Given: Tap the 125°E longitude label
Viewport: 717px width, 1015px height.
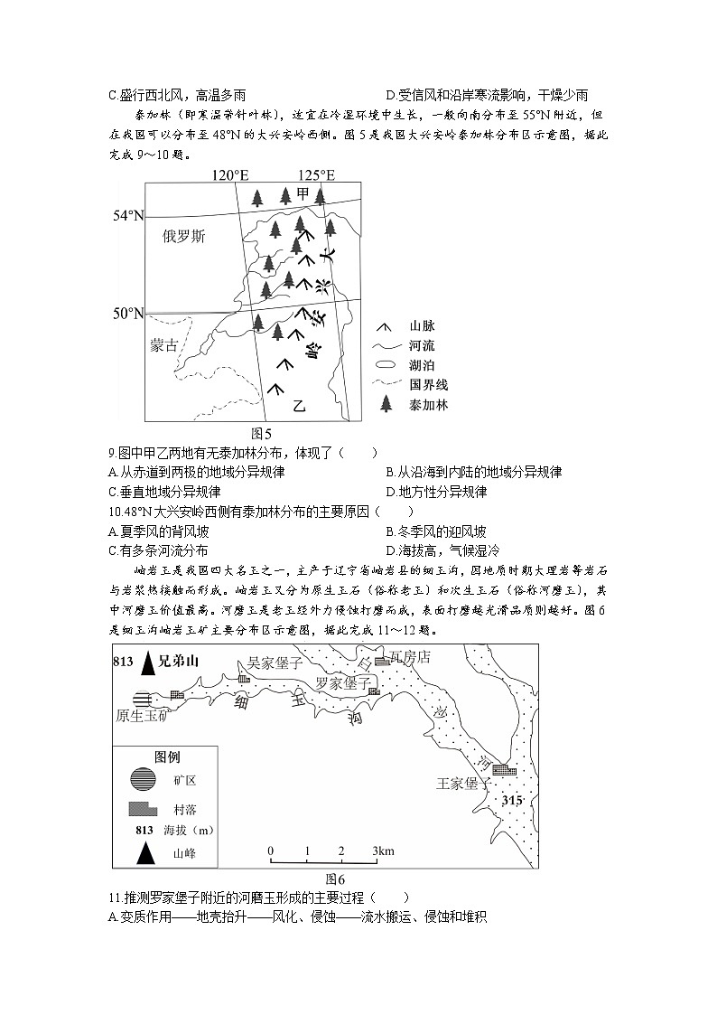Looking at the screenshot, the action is [x=317, y=174].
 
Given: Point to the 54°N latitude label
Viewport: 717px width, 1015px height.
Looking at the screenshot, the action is [x=128, y=216].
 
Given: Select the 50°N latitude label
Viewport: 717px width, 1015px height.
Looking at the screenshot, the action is [x=128, y=314].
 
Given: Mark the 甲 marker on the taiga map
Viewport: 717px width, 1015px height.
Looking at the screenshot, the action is [x=303, y=193].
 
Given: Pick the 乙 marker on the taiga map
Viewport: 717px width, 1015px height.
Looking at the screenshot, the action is [x=300, y=406].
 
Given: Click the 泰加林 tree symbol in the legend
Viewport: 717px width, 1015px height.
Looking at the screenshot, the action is [x=386, y=404].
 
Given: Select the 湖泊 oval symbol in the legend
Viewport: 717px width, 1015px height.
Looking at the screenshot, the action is [x=386, y=365].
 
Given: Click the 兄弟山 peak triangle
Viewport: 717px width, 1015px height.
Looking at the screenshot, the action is [x=147, y=664].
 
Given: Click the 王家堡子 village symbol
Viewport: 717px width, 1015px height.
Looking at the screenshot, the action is [x=504, y=771].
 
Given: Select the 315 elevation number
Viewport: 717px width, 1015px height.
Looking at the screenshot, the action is [x=513, y=802].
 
